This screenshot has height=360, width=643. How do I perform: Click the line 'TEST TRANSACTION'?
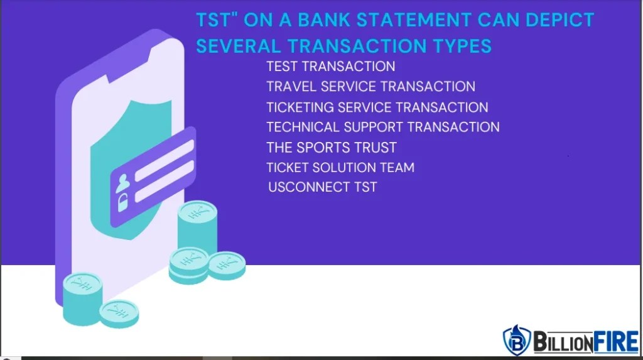330,66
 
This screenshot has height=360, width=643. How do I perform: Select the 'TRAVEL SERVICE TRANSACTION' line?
370,86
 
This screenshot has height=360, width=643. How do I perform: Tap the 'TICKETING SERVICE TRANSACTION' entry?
377,107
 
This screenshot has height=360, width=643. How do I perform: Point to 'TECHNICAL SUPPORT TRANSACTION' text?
382,127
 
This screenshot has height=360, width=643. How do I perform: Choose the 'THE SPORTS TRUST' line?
331,148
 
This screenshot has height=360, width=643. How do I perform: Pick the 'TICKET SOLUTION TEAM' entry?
340,168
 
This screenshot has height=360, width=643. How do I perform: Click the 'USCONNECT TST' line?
322,187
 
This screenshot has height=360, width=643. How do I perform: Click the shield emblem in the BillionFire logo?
516,341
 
